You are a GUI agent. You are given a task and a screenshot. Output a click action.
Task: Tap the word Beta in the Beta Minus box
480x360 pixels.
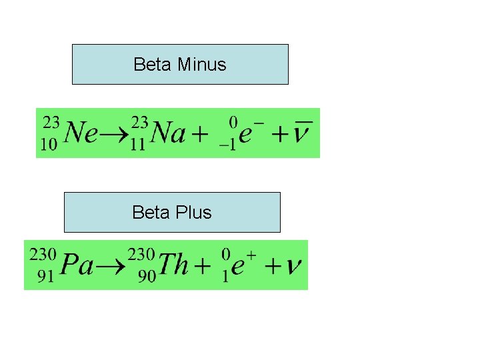tap(153, 65)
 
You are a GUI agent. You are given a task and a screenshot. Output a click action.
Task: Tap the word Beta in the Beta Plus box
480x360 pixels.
tap(151, 213)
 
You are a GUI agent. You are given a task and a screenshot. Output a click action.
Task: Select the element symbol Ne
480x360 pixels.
tap(82, 135)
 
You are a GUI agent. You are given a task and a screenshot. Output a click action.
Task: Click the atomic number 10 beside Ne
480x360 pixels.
tap(49, 146)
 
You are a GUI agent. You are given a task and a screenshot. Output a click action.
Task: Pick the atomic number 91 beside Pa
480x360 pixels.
tap(45, 277)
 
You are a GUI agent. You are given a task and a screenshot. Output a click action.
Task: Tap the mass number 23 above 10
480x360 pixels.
tap(51, 123)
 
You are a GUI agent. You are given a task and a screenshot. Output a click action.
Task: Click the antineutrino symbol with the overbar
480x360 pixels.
tap(304, 133)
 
